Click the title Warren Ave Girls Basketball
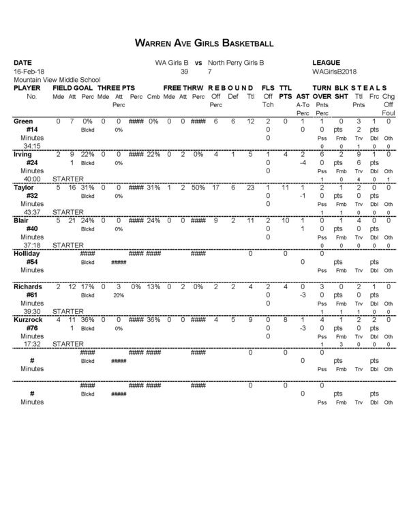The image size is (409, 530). pyautogui.click(x=204, y=43)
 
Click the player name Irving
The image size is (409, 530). pyautogui.click(x=23, y=154)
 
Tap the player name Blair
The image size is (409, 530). pyautogui.click(x=21, y=220)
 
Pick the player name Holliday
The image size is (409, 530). pyautogui.click(x=27, y=254)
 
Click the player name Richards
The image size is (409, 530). pyautogui.click(x=28, y=287)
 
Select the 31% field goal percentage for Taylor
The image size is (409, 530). pyautogui.click(x=87, y=187)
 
